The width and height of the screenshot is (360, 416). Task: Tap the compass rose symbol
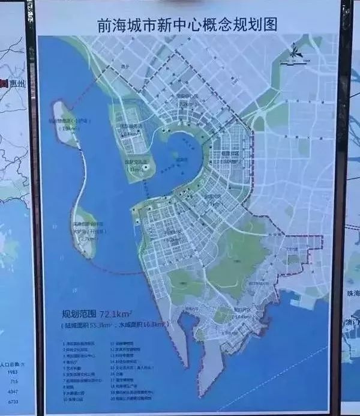295,51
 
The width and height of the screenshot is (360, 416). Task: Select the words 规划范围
79,313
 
